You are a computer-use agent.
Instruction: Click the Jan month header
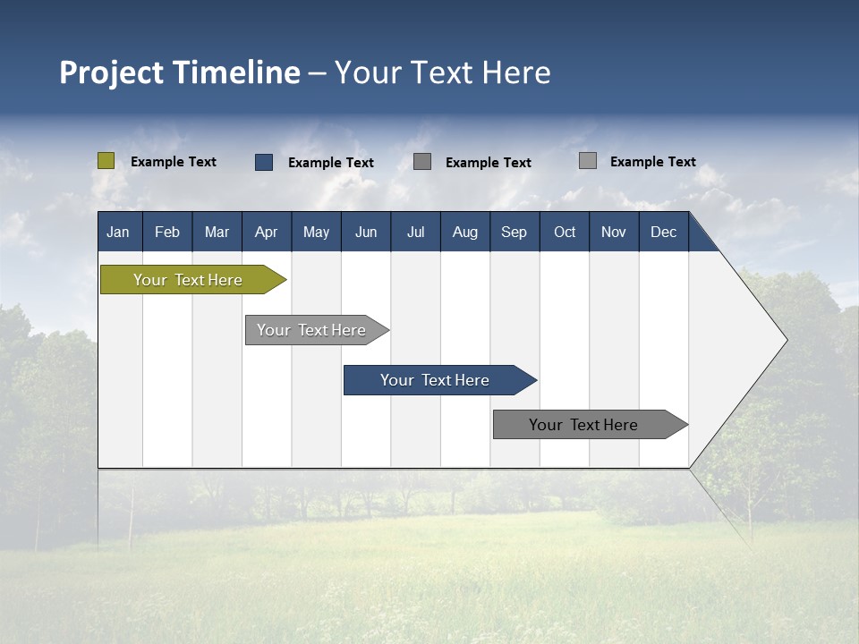tap(118, 233)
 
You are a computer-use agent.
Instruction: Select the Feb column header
tap(167, 233)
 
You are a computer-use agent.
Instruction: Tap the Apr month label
tap(266, 233)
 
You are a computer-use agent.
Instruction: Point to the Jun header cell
tap(366, 233)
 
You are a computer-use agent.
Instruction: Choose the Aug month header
tap(464, 233)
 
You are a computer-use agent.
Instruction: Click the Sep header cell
tap(514, 233)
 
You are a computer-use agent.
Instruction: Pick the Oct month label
tap(565, 233)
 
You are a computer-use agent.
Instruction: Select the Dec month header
tap(663, 233)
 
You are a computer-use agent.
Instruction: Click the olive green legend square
tap(106, 161)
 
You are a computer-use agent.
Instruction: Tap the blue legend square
tap(264, 162)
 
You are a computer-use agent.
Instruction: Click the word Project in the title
tap(112, 72)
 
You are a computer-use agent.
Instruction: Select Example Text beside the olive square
tap(174, 162)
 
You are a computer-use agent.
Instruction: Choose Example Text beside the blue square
tap(331, 163)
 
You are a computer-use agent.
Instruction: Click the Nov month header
tap(614, 233)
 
